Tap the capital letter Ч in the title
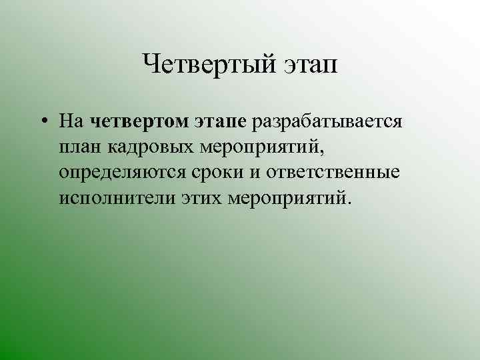click(x=149, y=65)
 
